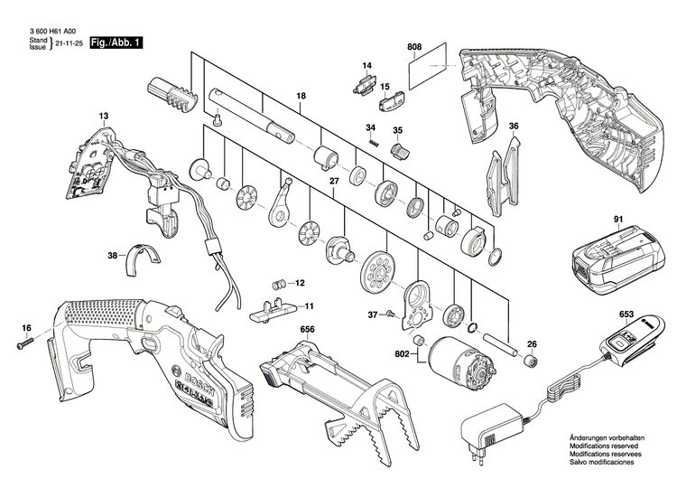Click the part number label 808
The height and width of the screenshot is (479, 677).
tap(414, 46)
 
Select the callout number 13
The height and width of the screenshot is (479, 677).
tap(103, 116)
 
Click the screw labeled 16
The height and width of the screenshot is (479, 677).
tap(23, 343)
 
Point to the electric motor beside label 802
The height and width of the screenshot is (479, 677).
tap(460, 359)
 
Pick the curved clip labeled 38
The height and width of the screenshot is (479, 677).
tap(142, 257)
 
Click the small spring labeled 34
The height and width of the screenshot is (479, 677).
tap(371, 143)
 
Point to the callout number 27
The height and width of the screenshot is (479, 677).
tap(333, 182)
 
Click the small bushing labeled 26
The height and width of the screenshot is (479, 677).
tap(532, 361)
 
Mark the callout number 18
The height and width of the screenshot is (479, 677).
tap(301, 96)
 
